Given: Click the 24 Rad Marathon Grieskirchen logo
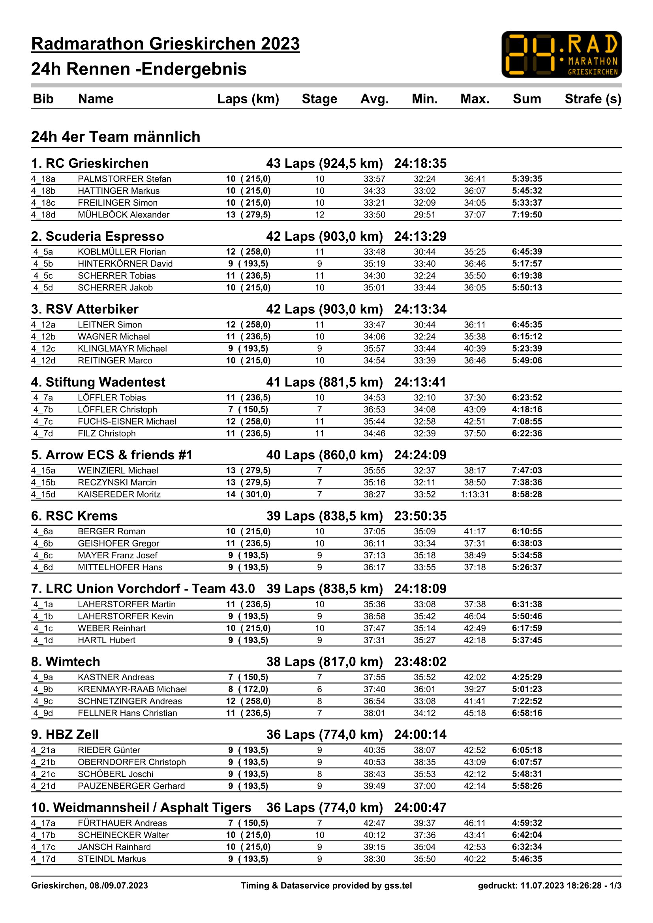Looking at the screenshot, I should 561,54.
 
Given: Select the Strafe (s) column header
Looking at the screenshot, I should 593,99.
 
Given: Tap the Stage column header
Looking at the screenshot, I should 319,99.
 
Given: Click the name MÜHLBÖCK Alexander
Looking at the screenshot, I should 124,215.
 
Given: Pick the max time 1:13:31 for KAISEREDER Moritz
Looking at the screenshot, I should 475,494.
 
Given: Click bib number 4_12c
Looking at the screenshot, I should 43,348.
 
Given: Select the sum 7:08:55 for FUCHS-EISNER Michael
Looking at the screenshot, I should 527,421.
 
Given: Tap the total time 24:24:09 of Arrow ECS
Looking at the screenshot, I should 420,455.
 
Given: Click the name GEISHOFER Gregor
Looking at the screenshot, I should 118,543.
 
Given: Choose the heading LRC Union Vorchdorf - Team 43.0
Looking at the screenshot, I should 143,588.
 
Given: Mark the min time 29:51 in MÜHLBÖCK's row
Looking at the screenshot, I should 425,215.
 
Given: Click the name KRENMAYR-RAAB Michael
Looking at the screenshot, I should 132,689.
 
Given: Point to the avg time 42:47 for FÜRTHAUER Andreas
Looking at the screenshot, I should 374,823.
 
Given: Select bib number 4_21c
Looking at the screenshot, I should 43,774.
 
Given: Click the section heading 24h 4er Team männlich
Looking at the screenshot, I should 116,137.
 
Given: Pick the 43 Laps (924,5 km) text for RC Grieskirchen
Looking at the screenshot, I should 324,163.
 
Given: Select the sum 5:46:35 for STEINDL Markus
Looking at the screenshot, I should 527,859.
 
